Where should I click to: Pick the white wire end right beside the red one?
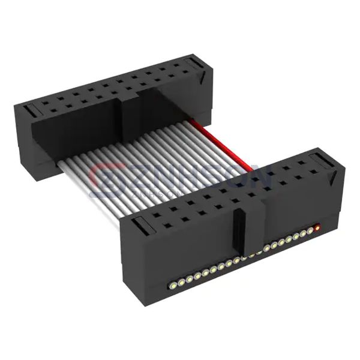[310, 230]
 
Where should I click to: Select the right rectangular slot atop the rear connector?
[193, 64]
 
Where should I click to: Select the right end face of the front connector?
[337, 198]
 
